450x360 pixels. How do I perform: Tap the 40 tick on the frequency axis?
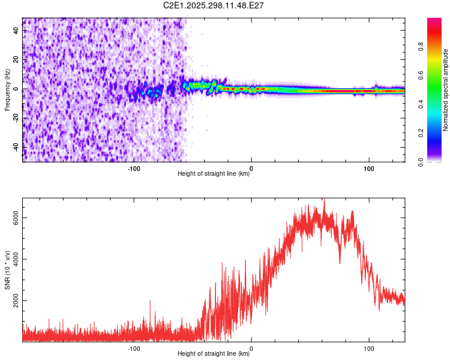(x=17, y=31)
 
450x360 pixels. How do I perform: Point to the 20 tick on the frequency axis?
(x=17, y=60)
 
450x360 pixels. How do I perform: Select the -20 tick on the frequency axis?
(x=17, y=118)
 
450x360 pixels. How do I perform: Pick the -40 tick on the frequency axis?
(x=17, y=147)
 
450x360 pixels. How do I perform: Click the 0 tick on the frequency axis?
(x=17, y=89)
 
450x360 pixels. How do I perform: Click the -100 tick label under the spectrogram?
(x=134, y=169)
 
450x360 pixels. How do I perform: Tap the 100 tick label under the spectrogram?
(x=368, y=169)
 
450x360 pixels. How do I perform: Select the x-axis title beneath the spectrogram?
(x=214, y=174)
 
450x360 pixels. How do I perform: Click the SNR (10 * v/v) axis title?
(x=8, y=269)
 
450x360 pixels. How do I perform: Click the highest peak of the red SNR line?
(x=324, y=199)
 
